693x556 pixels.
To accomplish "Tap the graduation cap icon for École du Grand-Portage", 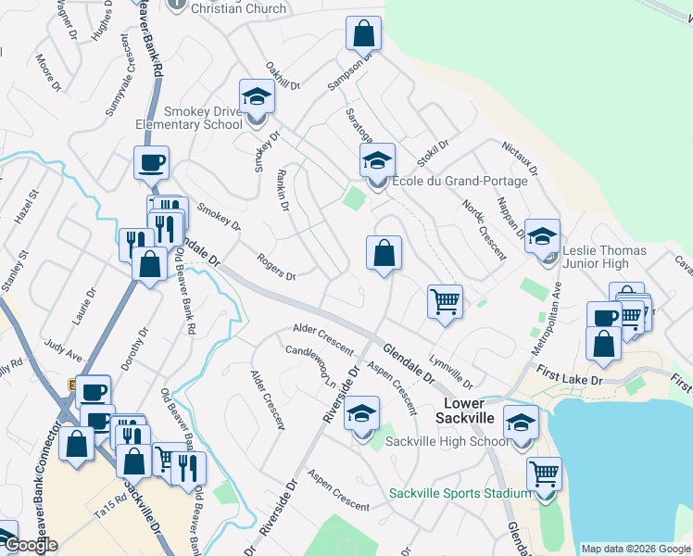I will (x=377, y=161).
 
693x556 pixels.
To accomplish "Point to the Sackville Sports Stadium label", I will (x=460, y=493).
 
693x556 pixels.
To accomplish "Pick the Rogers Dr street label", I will (x=276, y=269).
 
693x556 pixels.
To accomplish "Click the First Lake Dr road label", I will (x=569, y=375).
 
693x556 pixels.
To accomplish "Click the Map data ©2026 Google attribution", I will (x=635, y=549).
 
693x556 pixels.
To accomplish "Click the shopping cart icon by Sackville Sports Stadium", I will (x=544, y=474).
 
